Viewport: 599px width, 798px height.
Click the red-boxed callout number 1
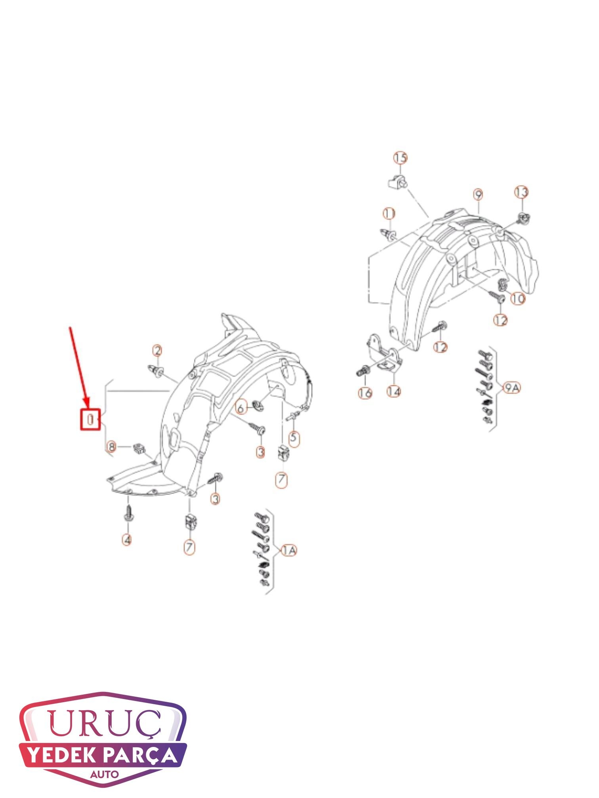tap(91, 419)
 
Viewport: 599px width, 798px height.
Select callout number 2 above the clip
tap(158, 351)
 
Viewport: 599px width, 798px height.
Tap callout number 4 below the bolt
tap(127, 540)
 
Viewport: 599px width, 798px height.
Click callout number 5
tap(294, 438)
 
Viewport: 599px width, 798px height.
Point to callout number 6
tap(240, 407)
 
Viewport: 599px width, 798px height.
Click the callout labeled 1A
tap(289, 551)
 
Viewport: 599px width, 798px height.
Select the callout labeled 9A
tap(511, 388)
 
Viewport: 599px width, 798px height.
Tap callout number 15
tap(401, 158)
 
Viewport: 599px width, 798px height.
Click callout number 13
tap(521, 192)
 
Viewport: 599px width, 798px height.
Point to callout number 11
tap(389, 214)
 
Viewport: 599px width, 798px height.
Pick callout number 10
tap(518, 298)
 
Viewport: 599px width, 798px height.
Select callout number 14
tap(394, 391)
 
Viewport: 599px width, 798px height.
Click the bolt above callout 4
tap(128, 513)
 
